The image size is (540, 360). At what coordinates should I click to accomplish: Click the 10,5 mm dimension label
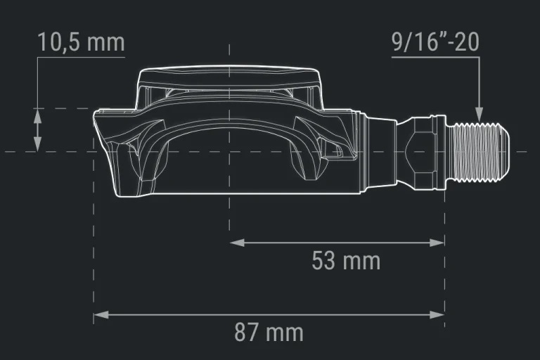point(81,42)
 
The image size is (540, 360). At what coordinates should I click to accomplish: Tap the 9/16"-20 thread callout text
point(435,42)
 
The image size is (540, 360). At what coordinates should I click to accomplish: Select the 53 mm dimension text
point(346,260)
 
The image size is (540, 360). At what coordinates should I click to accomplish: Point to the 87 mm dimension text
point(269,332)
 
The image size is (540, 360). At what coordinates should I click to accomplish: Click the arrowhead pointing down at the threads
point(479,114)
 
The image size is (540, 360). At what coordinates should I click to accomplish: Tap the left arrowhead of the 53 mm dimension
point(237,243)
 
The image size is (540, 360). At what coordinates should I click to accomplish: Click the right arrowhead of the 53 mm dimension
point(437,243)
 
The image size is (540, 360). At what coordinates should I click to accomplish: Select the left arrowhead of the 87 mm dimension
point(101,315)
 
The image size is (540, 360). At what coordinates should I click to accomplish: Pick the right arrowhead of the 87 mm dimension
point(437,315)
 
